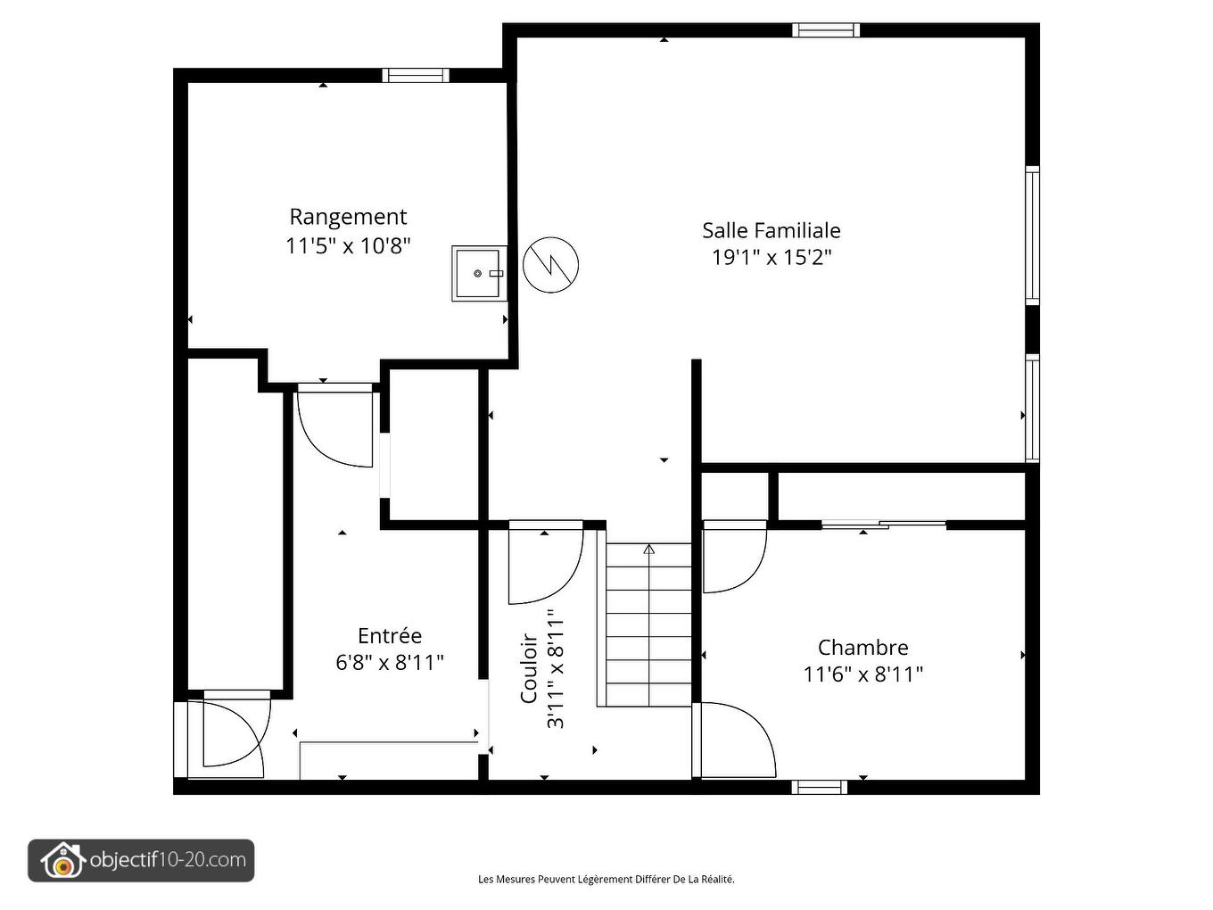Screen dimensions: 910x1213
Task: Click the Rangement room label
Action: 348,217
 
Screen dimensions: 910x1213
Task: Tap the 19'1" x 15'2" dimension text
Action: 771,258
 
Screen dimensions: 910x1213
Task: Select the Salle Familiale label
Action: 771,230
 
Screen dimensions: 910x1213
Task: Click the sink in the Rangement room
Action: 479,273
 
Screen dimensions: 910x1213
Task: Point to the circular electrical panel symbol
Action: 550,264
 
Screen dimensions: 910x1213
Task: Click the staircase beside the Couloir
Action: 648,625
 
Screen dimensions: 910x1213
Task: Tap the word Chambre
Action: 862,648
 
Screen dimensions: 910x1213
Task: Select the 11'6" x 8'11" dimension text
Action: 862,674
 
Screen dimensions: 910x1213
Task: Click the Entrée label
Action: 390,636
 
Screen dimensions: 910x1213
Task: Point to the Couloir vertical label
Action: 528,669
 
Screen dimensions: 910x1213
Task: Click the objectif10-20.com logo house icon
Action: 61,861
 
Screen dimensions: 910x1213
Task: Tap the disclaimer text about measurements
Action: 606,879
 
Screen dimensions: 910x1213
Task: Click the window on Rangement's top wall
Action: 416,75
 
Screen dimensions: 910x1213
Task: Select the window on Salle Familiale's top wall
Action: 826,30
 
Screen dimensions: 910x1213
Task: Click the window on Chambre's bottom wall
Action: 819,787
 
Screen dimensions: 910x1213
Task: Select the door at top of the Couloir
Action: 544,562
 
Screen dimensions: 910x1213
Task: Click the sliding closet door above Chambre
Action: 883,525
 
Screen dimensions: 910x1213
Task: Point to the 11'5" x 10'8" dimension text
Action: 348,245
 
